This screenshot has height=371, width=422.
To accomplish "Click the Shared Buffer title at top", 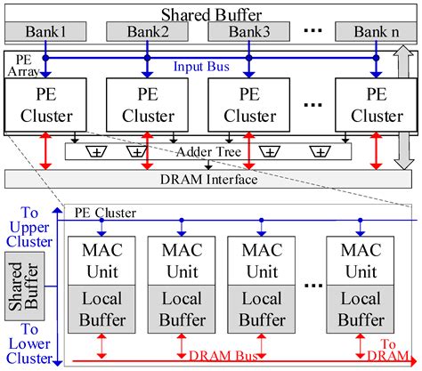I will click(211, 13).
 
